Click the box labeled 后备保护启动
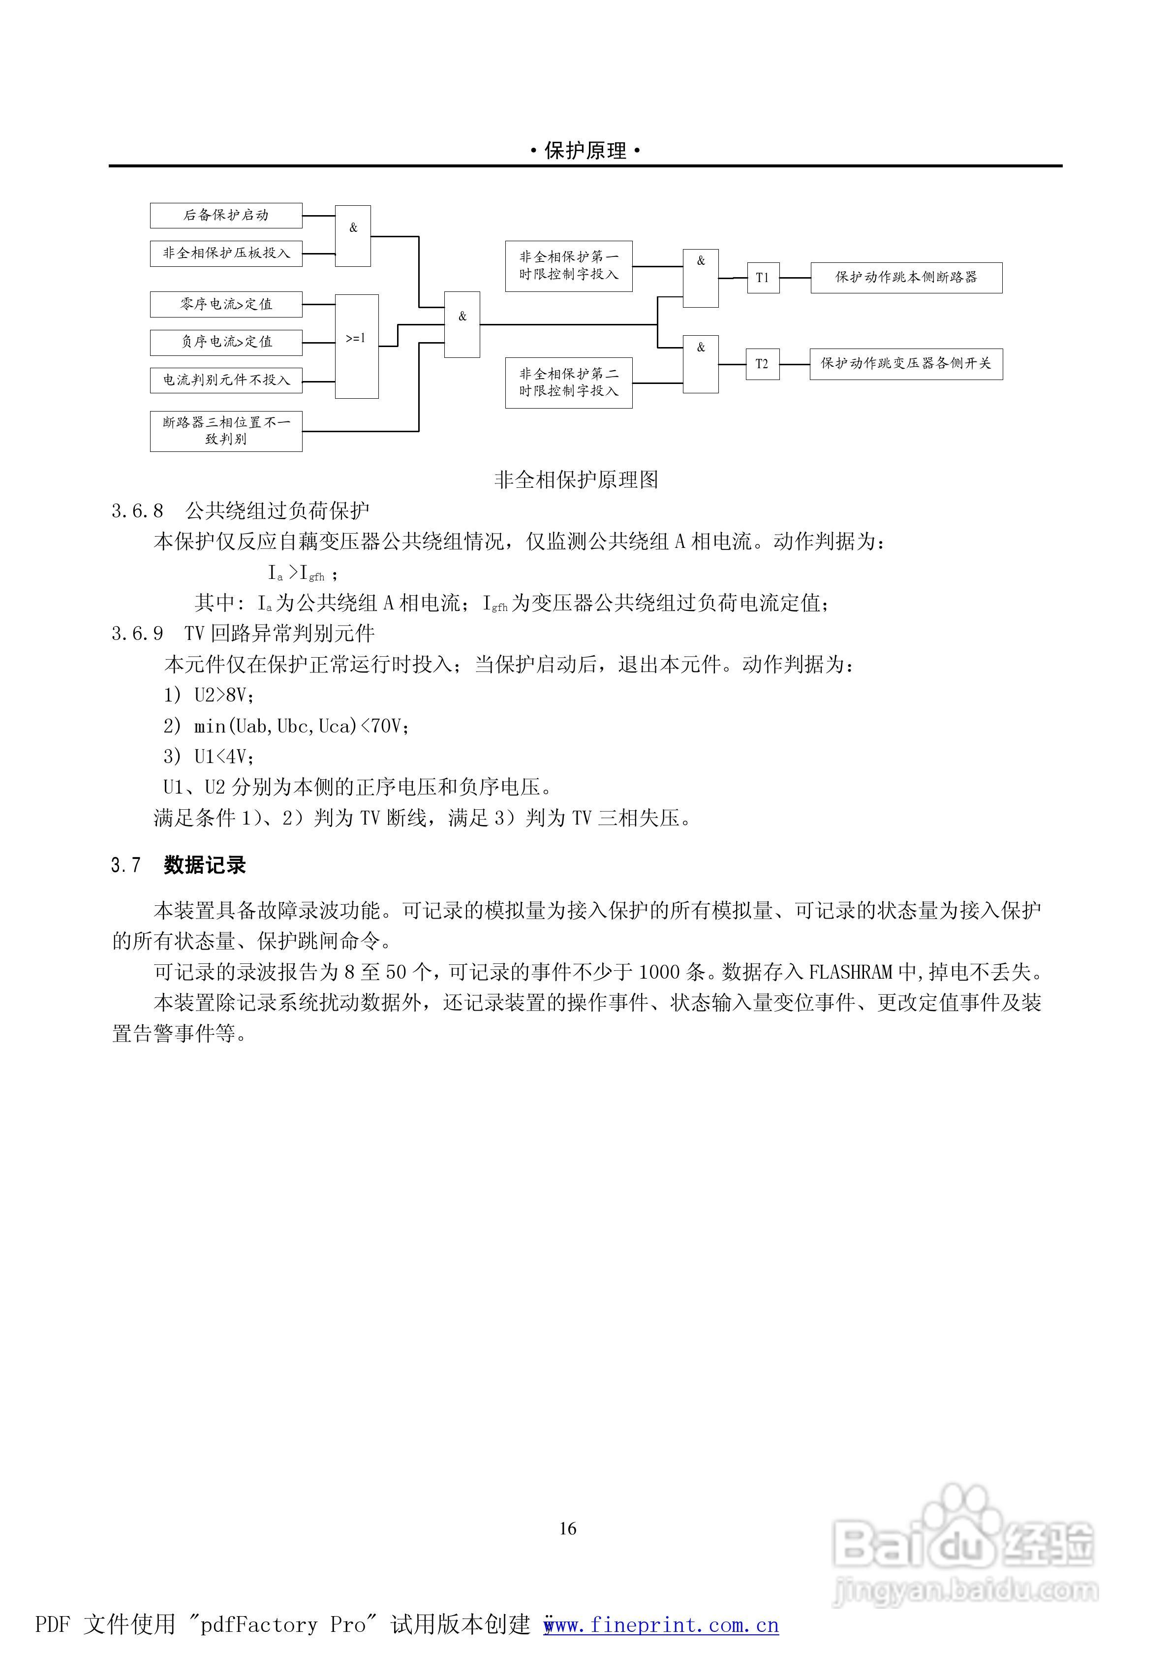pos(226,216)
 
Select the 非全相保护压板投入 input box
pos(226,253)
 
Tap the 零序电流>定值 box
pos(226,304)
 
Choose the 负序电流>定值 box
pos(226,342)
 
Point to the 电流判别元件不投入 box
pos(226,380)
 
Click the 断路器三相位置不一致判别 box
pos(226,431)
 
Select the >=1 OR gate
pos(356,346)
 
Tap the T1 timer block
pos(762,278)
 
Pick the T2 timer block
pos(762,364)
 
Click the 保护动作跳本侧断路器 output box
pos(906,278)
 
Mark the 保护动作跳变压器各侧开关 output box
pos(906,364)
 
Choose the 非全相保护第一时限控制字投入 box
pos(568,266)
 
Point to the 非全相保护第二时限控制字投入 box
pos(568,383)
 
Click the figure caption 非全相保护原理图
pos(576,479)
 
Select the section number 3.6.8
pos(137,511)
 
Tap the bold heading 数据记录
pos(205,865)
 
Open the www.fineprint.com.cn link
pos(661,1625)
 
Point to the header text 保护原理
pos(585,151)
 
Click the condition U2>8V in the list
pos(223,695)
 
